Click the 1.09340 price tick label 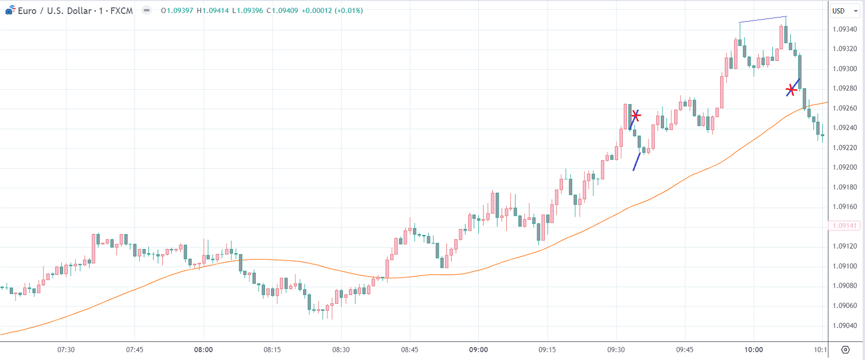coord(844,29)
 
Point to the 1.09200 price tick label coord(844,167)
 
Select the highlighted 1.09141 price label coord(844,226)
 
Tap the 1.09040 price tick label coord(844,325)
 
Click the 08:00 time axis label coord(203,350)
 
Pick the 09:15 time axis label coord(547,350)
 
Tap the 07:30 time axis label coord(66,350)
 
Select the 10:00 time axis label coord(753,350)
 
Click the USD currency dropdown coord(844,11)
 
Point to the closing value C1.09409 coord(282,11)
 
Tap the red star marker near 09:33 coord(636,116)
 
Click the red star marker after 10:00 coord(791,91)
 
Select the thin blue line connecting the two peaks coord(763,20)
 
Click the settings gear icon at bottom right coord(845,350)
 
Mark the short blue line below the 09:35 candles coord(637,161)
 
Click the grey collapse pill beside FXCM coord(147,10)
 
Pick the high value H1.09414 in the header coord(212,11)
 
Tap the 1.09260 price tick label coord(844,108)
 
